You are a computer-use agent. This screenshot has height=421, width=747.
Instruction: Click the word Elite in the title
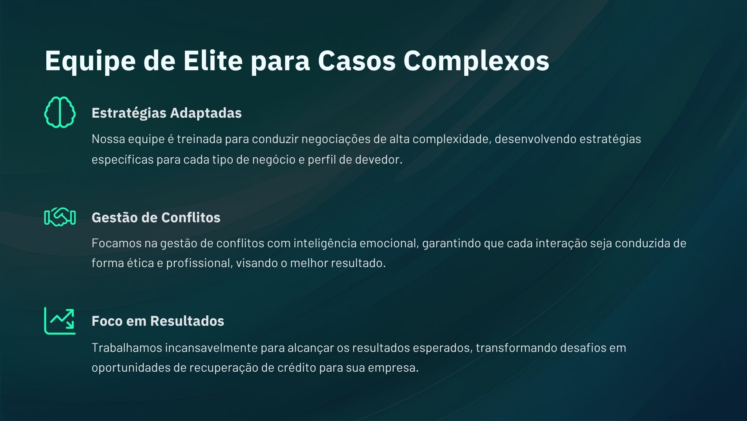[x=213, y=60]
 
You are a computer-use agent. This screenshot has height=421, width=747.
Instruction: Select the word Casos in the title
[x=357, y=61]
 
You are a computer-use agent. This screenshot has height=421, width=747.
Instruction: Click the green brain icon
[x=60, y=112]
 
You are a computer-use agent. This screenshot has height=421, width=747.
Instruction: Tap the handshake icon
[x=60, y=217]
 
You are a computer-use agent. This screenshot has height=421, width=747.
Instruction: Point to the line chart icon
[x=60, y=321]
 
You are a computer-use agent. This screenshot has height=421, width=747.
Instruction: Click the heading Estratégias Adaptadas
[x=167, y=113]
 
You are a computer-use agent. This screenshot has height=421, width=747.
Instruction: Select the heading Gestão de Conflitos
[x=156, y=217]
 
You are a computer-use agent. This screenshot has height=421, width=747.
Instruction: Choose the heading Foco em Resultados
[x=158, y=321]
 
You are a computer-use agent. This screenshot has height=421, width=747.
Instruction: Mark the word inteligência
[x=325, y=244]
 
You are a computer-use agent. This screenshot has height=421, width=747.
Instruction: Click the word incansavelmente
[x=211, y=348]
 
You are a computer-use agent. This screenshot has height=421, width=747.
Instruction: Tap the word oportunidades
[x=131, y=368]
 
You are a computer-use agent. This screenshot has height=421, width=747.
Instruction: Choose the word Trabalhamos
[x=127, y=348]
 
